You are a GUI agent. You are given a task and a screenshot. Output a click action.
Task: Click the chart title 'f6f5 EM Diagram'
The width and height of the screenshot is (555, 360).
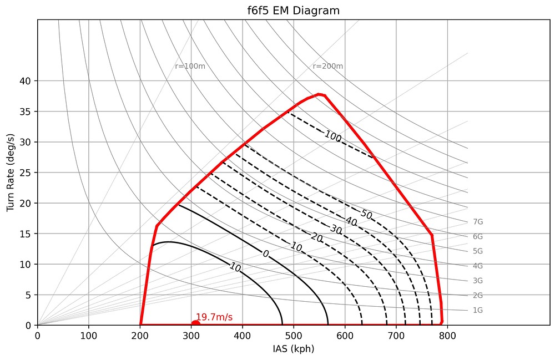(293, 11)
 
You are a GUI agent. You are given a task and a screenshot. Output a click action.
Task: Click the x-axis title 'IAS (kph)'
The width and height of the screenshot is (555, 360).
(293, 349)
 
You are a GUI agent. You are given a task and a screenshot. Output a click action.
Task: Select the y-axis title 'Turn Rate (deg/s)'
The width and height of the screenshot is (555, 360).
(11, 172)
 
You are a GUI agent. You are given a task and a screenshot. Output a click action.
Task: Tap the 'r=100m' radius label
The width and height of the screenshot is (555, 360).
(190, 67)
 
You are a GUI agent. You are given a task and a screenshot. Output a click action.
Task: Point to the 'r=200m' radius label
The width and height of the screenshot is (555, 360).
(327, 67)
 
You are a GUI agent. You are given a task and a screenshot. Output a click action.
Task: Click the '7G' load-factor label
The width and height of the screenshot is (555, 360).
(478, 222)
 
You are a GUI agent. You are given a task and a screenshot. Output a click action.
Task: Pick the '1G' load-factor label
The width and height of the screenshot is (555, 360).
(478, 310)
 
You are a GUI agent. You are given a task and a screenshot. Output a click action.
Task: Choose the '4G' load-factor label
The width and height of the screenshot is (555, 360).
(478, 266)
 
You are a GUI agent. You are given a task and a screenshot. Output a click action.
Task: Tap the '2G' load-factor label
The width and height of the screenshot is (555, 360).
(478, 295)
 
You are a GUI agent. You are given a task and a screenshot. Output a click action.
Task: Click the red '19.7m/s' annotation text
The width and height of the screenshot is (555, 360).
(214, 317)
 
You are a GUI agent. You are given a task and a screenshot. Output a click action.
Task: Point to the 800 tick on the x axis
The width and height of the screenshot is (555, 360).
(447, 335)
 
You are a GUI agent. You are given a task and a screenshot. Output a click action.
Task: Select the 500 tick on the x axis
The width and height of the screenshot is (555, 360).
(294, 335)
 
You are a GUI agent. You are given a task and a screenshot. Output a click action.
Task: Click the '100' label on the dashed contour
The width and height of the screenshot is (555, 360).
(333, 136)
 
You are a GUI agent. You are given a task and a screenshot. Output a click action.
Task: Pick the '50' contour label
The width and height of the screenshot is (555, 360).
(366, 214)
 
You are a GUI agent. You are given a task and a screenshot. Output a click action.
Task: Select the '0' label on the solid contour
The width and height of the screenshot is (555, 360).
(266, 253)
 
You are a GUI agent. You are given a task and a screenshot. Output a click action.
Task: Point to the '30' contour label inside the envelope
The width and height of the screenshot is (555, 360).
(335, 230)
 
